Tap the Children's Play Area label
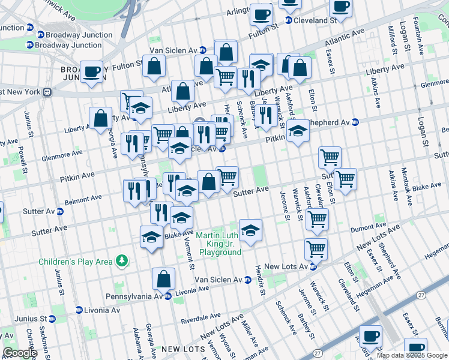(76, 262)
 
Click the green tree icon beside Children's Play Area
(122, 260)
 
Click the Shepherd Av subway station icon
(355, 122)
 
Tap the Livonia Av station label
(100, 310)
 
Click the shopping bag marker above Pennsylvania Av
(163, 279)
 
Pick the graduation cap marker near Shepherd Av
(297, 131)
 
